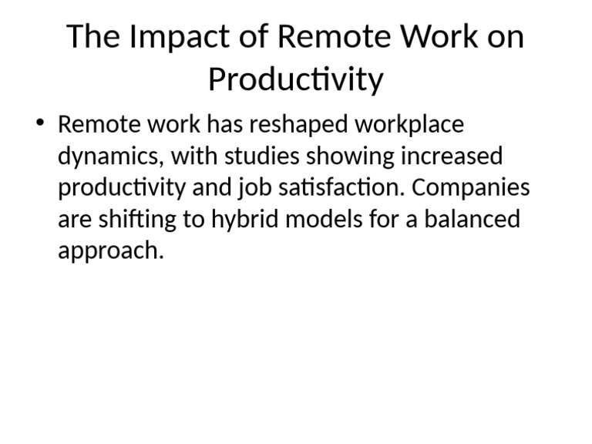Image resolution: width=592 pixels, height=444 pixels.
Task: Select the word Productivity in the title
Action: pyautogui.click(x=295, y=79)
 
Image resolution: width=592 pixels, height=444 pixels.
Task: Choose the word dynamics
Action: pyautogui.click(x=109, y=156)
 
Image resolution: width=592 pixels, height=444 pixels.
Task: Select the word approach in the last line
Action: pyautogui.click(x=110, y=252)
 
